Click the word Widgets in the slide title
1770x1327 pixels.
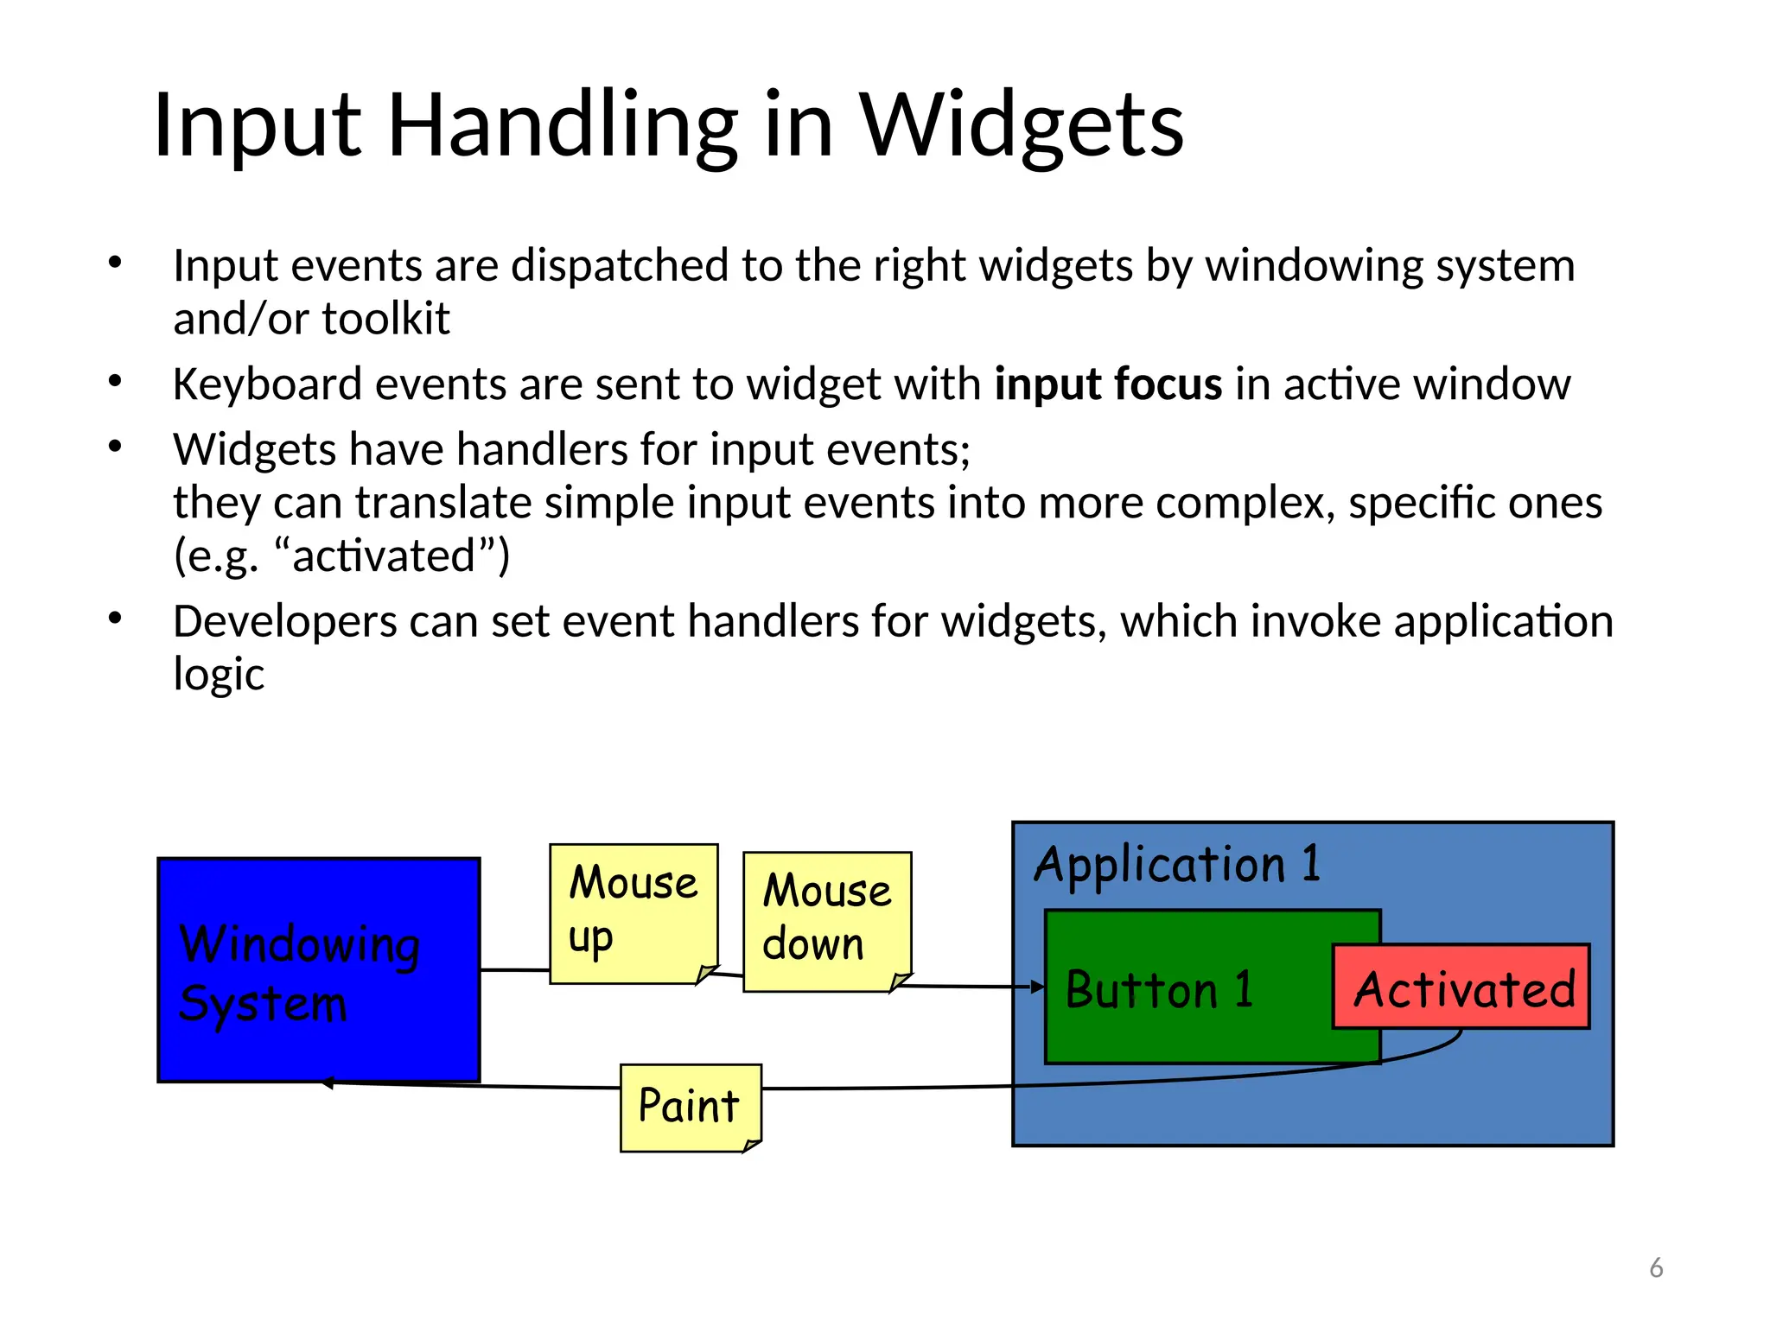pos(1021,127)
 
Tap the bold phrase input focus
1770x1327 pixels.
pos(1108,384)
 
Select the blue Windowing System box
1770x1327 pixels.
pos(318,969)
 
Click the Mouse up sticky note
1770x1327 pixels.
pos(634,912)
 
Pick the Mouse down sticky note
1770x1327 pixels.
pos(827,921)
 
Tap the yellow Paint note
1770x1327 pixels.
pos(690,1107)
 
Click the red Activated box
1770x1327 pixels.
pos(1461,987)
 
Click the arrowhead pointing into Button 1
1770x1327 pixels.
pos(1039,987)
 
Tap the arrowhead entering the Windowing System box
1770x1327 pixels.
pos(328,1083)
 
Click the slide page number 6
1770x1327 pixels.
pos(1656,1267)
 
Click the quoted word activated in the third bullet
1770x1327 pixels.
pos(384,556)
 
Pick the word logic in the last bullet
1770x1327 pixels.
pos(219,675)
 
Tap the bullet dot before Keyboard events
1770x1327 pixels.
pos(115,381)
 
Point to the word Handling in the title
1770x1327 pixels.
pos(563,127)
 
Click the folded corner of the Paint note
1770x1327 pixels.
pos(751,1146)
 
